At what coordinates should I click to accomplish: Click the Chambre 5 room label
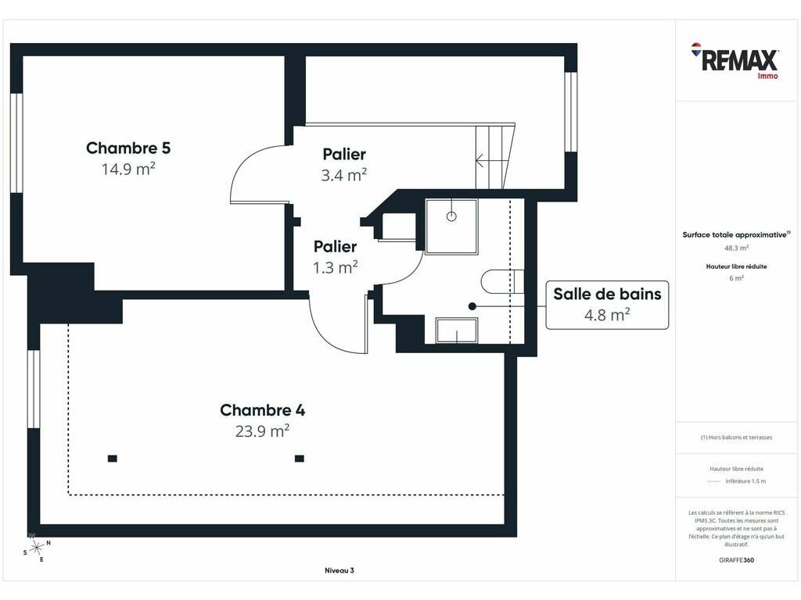128,148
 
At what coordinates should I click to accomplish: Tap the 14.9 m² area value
128,169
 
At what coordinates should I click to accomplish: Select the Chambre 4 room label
263,410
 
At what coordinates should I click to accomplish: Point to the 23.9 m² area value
263,431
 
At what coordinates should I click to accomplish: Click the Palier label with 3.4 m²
344,154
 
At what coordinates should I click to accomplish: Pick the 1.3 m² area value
335,267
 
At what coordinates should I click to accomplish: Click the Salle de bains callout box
607,305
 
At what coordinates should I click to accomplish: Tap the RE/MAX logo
735,61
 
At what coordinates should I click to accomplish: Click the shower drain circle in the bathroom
451,216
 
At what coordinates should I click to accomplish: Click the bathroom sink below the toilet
457,330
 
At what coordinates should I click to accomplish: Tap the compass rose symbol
36,548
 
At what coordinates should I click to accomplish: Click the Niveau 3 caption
339,570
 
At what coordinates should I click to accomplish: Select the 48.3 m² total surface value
736,248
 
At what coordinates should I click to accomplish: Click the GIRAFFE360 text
736,560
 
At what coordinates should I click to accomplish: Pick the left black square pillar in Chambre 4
113,459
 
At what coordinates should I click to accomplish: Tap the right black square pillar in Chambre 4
300,459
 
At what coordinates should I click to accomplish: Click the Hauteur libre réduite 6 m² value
736,278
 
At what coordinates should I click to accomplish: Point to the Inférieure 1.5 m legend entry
736,481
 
